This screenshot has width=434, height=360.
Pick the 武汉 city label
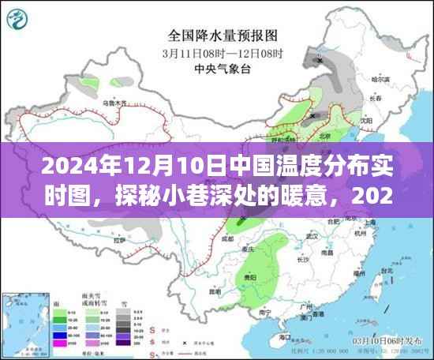point(312,236)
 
